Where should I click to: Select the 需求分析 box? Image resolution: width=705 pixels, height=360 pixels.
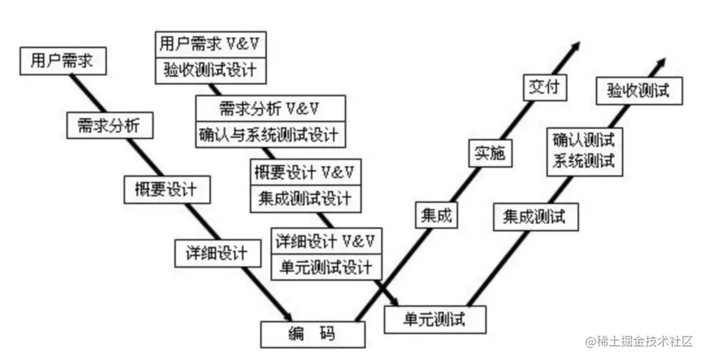110,125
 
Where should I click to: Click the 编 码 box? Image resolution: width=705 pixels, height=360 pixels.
313,333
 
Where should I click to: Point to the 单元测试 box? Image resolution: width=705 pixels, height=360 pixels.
434,318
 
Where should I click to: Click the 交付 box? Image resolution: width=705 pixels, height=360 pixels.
545,88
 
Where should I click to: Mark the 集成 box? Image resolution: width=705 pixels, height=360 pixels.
435,216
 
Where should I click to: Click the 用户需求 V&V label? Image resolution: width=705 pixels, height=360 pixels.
212,45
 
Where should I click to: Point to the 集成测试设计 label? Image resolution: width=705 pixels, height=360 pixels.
305,198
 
